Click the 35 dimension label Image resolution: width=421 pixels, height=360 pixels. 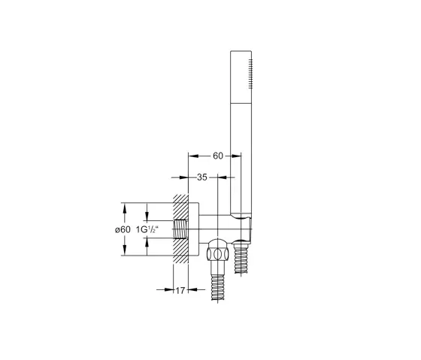coord(202,177)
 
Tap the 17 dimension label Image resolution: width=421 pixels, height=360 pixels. coord(180,290)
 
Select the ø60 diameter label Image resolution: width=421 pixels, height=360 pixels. coord(123,229)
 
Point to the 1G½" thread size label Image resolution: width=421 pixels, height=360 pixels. coord(147,229)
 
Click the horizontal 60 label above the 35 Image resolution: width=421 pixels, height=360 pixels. coord(218,156)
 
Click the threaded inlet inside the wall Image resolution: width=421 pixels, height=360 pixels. coord(180,229)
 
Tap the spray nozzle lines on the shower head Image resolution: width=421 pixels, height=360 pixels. coord(250,74)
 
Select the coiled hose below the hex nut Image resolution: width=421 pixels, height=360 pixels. coord(217,287)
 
